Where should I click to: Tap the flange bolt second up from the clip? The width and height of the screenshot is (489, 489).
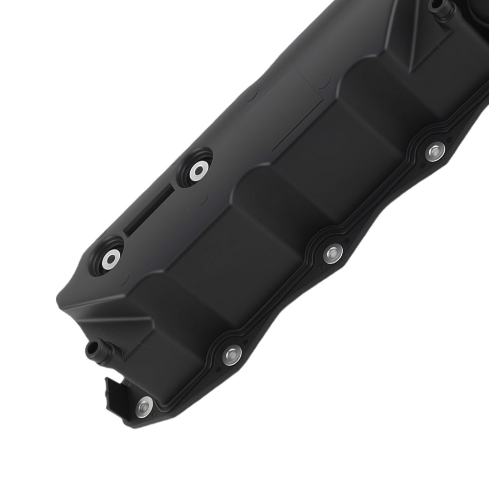[232, 355]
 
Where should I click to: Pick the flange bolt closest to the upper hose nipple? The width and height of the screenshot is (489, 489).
[435, 152]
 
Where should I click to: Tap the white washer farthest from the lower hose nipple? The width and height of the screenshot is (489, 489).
[199, 171]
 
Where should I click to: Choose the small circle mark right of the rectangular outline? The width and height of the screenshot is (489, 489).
[323, 81]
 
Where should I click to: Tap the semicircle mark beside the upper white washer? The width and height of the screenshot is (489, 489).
[203, 199]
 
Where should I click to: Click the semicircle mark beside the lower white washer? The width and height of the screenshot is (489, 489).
[122, 280]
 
